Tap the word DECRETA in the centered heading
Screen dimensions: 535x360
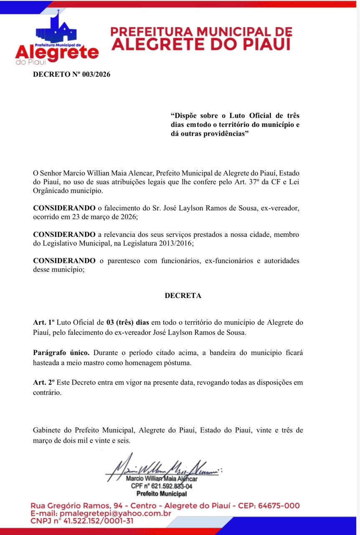coord(183,296)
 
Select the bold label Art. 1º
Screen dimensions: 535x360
coord(44,322)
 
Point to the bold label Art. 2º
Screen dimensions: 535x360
coord(44,382)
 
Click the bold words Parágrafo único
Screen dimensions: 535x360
coord(61,352)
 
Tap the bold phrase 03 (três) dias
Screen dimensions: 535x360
coord(127,322)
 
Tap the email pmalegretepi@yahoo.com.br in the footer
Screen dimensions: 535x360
coord(115,513)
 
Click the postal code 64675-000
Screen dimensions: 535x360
coord(279,506)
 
